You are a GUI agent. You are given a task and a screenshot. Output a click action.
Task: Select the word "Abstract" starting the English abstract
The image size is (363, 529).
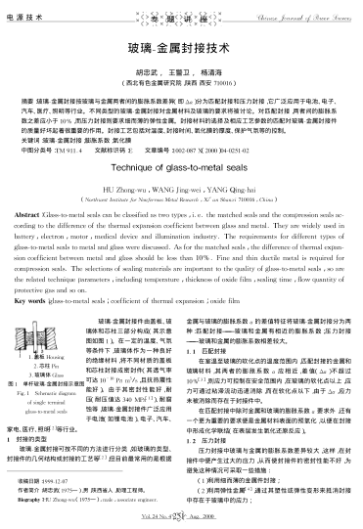click(37, 209)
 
